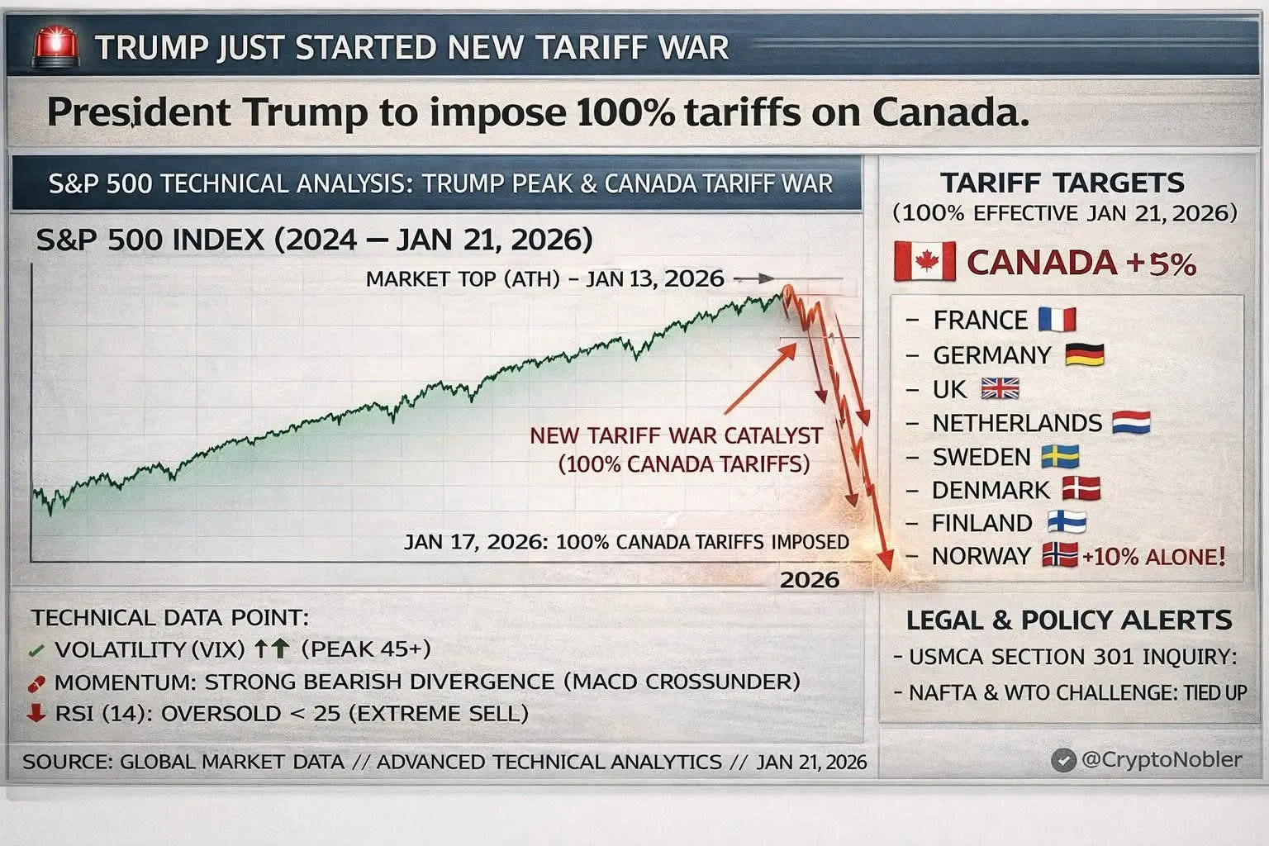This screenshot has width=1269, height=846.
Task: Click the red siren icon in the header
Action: pos(56,48)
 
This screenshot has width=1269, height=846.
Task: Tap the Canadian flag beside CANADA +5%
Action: pos(924,263)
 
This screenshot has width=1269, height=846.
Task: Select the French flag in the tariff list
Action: pos(1057,319)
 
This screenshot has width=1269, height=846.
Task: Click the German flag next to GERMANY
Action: pos(1084,354)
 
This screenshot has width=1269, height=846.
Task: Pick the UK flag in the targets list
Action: pos(1000,388)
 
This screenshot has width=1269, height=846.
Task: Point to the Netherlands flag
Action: pos(1130,423)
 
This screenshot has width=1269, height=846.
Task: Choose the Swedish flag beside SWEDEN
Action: pos(1059,456)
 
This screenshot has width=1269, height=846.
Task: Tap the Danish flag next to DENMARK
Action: pos(1081,489)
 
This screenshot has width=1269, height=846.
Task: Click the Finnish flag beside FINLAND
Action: pos(1066,522)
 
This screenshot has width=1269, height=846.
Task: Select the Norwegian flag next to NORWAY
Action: pos(1060,555)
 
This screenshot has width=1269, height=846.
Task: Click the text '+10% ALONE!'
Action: pos(1153,556)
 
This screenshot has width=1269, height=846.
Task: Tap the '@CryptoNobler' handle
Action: pos(1161,759)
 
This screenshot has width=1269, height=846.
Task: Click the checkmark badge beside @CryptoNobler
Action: pos(1063,760)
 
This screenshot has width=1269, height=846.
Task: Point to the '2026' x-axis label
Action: pos(809,579)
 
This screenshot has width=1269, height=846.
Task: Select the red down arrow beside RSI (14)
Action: pos(36,712)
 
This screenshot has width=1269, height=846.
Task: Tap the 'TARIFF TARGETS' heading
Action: pos(1062,182)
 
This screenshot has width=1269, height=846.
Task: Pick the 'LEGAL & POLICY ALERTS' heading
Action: pos(1068,620)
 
